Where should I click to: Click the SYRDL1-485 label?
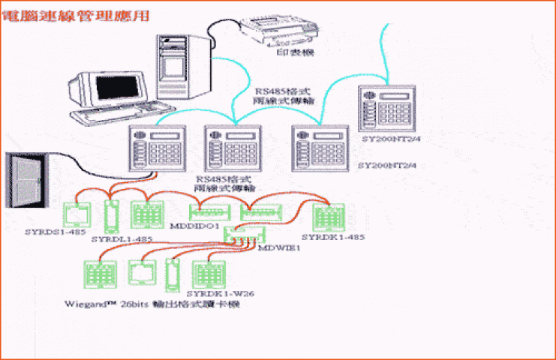point(122,239)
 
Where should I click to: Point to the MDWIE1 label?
point(280,245)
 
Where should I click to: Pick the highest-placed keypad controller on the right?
point(386,110)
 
